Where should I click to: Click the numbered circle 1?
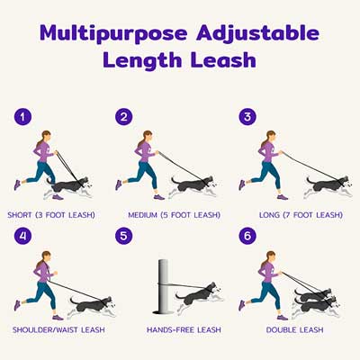22,117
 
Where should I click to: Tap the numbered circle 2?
124,117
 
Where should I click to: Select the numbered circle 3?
247,117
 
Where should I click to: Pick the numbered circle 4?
22,236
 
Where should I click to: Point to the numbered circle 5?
124,236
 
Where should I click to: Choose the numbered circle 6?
247,236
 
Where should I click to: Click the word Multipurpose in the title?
113,33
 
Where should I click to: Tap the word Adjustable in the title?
257,33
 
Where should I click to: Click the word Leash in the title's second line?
223,59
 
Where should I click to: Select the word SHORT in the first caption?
20,215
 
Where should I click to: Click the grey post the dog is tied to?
164,286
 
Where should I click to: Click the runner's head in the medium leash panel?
148,137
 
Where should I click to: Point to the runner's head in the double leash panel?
270,257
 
